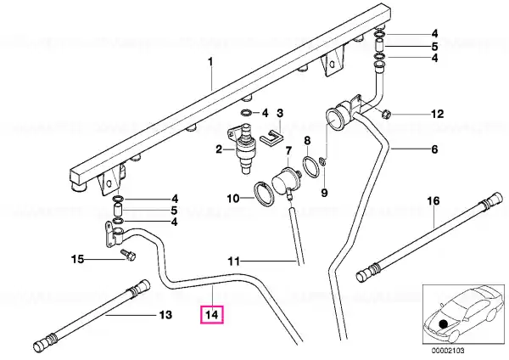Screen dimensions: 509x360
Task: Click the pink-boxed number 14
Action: (x=212, y=315)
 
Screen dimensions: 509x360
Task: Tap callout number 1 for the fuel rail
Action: (x=210, y=61)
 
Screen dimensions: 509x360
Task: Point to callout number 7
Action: (x=288, y=151)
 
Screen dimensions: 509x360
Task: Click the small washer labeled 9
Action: (x=322, y=160)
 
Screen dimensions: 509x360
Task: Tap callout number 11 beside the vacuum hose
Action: (x=234, y=261)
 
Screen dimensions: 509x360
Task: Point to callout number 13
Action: (x=165, y=315)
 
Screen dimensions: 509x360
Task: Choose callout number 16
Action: (x=433, y=201)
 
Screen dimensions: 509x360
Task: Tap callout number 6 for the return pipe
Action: (x=434, y=149)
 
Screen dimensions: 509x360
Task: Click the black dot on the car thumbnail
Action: (x=444, y=324)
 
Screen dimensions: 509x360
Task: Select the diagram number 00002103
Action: (x=448, y=351)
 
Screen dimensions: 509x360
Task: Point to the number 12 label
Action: (x=437, y=114)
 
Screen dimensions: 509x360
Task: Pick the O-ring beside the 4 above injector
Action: (x=247, y=113)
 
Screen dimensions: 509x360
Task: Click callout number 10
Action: (x=233, y=198)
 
